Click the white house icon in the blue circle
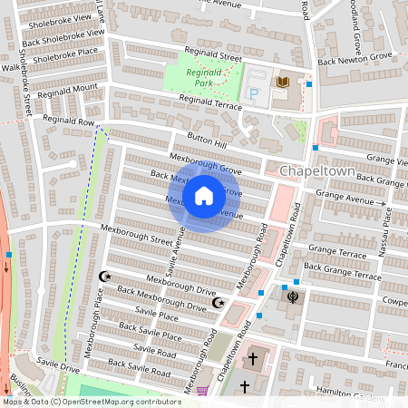tap(204, 196)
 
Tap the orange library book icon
tap(282, 83)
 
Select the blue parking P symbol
tap(254, 92)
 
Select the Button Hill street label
tap(207, 135)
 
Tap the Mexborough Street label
tap(136, 235)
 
